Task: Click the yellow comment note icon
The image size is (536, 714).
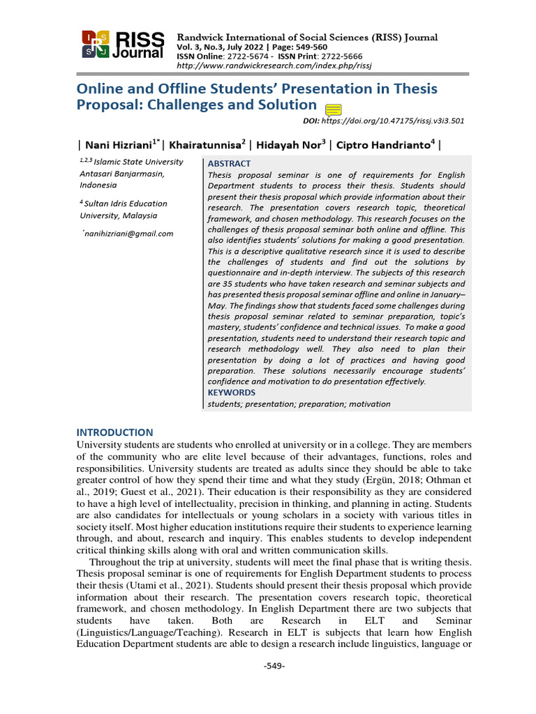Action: tap(333, 109)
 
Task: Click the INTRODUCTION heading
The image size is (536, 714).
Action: tap(114, 432)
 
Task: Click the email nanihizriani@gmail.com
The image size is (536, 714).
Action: tap(129, 234)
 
